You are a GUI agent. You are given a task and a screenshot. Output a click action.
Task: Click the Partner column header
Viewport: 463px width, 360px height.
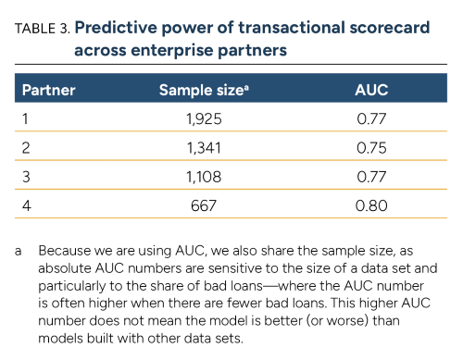click(48, 91)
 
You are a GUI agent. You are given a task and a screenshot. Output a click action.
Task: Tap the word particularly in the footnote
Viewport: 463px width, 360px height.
click(76, 284)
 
